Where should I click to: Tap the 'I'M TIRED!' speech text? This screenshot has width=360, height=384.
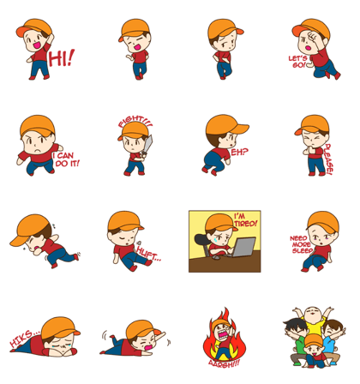(x=244, y=221)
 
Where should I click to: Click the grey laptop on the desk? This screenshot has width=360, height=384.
(x=244, y=248)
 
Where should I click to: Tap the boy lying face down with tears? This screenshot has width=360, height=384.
(x=50, y=337)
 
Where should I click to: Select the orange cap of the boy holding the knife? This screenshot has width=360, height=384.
(x=134, y=130)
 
